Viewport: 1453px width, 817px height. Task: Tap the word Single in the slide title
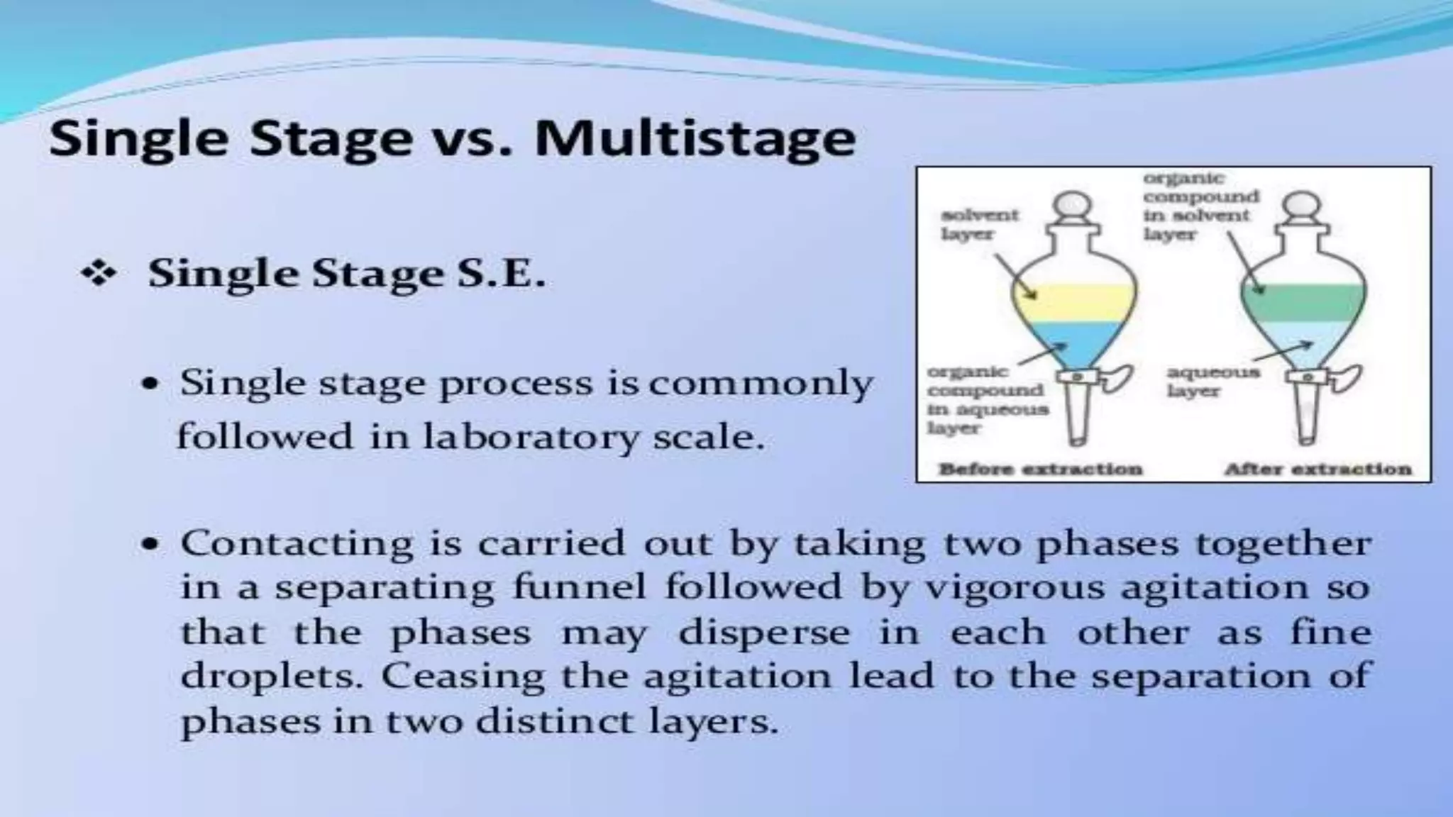(x=138, y=138)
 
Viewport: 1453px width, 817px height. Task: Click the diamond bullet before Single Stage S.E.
(x=99, y=274)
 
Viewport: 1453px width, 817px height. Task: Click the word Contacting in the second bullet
(x=297, y=544)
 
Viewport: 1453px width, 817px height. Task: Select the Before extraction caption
(x=1040, y=469)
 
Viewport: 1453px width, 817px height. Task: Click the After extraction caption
(x=1317, y=469)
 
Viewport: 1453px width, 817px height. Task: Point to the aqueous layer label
(x=1213, y=381)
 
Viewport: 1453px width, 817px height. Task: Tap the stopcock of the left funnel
(x=1078, y=378)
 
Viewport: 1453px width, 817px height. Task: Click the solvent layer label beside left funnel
(x=979, y=224)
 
